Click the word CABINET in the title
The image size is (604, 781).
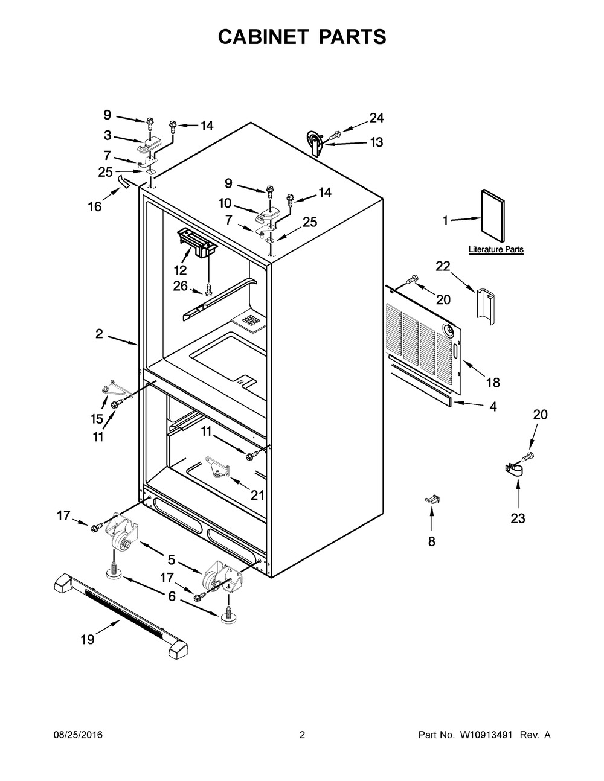coord(263,37)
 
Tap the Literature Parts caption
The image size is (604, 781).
coord(496,249)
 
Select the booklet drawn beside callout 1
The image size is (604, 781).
coord(492,216)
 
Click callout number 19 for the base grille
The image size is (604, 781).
coord(88,639)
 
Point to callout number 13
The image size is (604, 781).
coord(376,142)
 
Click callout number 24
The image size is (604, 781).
coord(376,118)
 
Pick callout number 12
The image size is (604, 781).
coord(181,269)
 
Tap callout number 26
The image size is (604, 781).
coord(181,286)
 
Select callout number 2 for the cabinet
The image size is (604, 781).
coord(99,334)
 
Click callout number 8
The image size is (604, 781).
coord(432,541)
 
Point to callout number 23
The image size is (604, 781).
coord(518,518)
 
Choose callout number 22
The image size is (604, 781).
coord(443,266)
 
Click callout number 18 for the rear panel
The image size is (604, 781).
coord(493,383)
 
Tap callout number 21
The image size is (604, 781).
coord(257,495)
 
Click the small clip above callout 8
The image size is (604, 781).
coord(432,499)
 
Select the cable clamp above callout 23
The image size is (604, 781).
coord(514,470)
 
